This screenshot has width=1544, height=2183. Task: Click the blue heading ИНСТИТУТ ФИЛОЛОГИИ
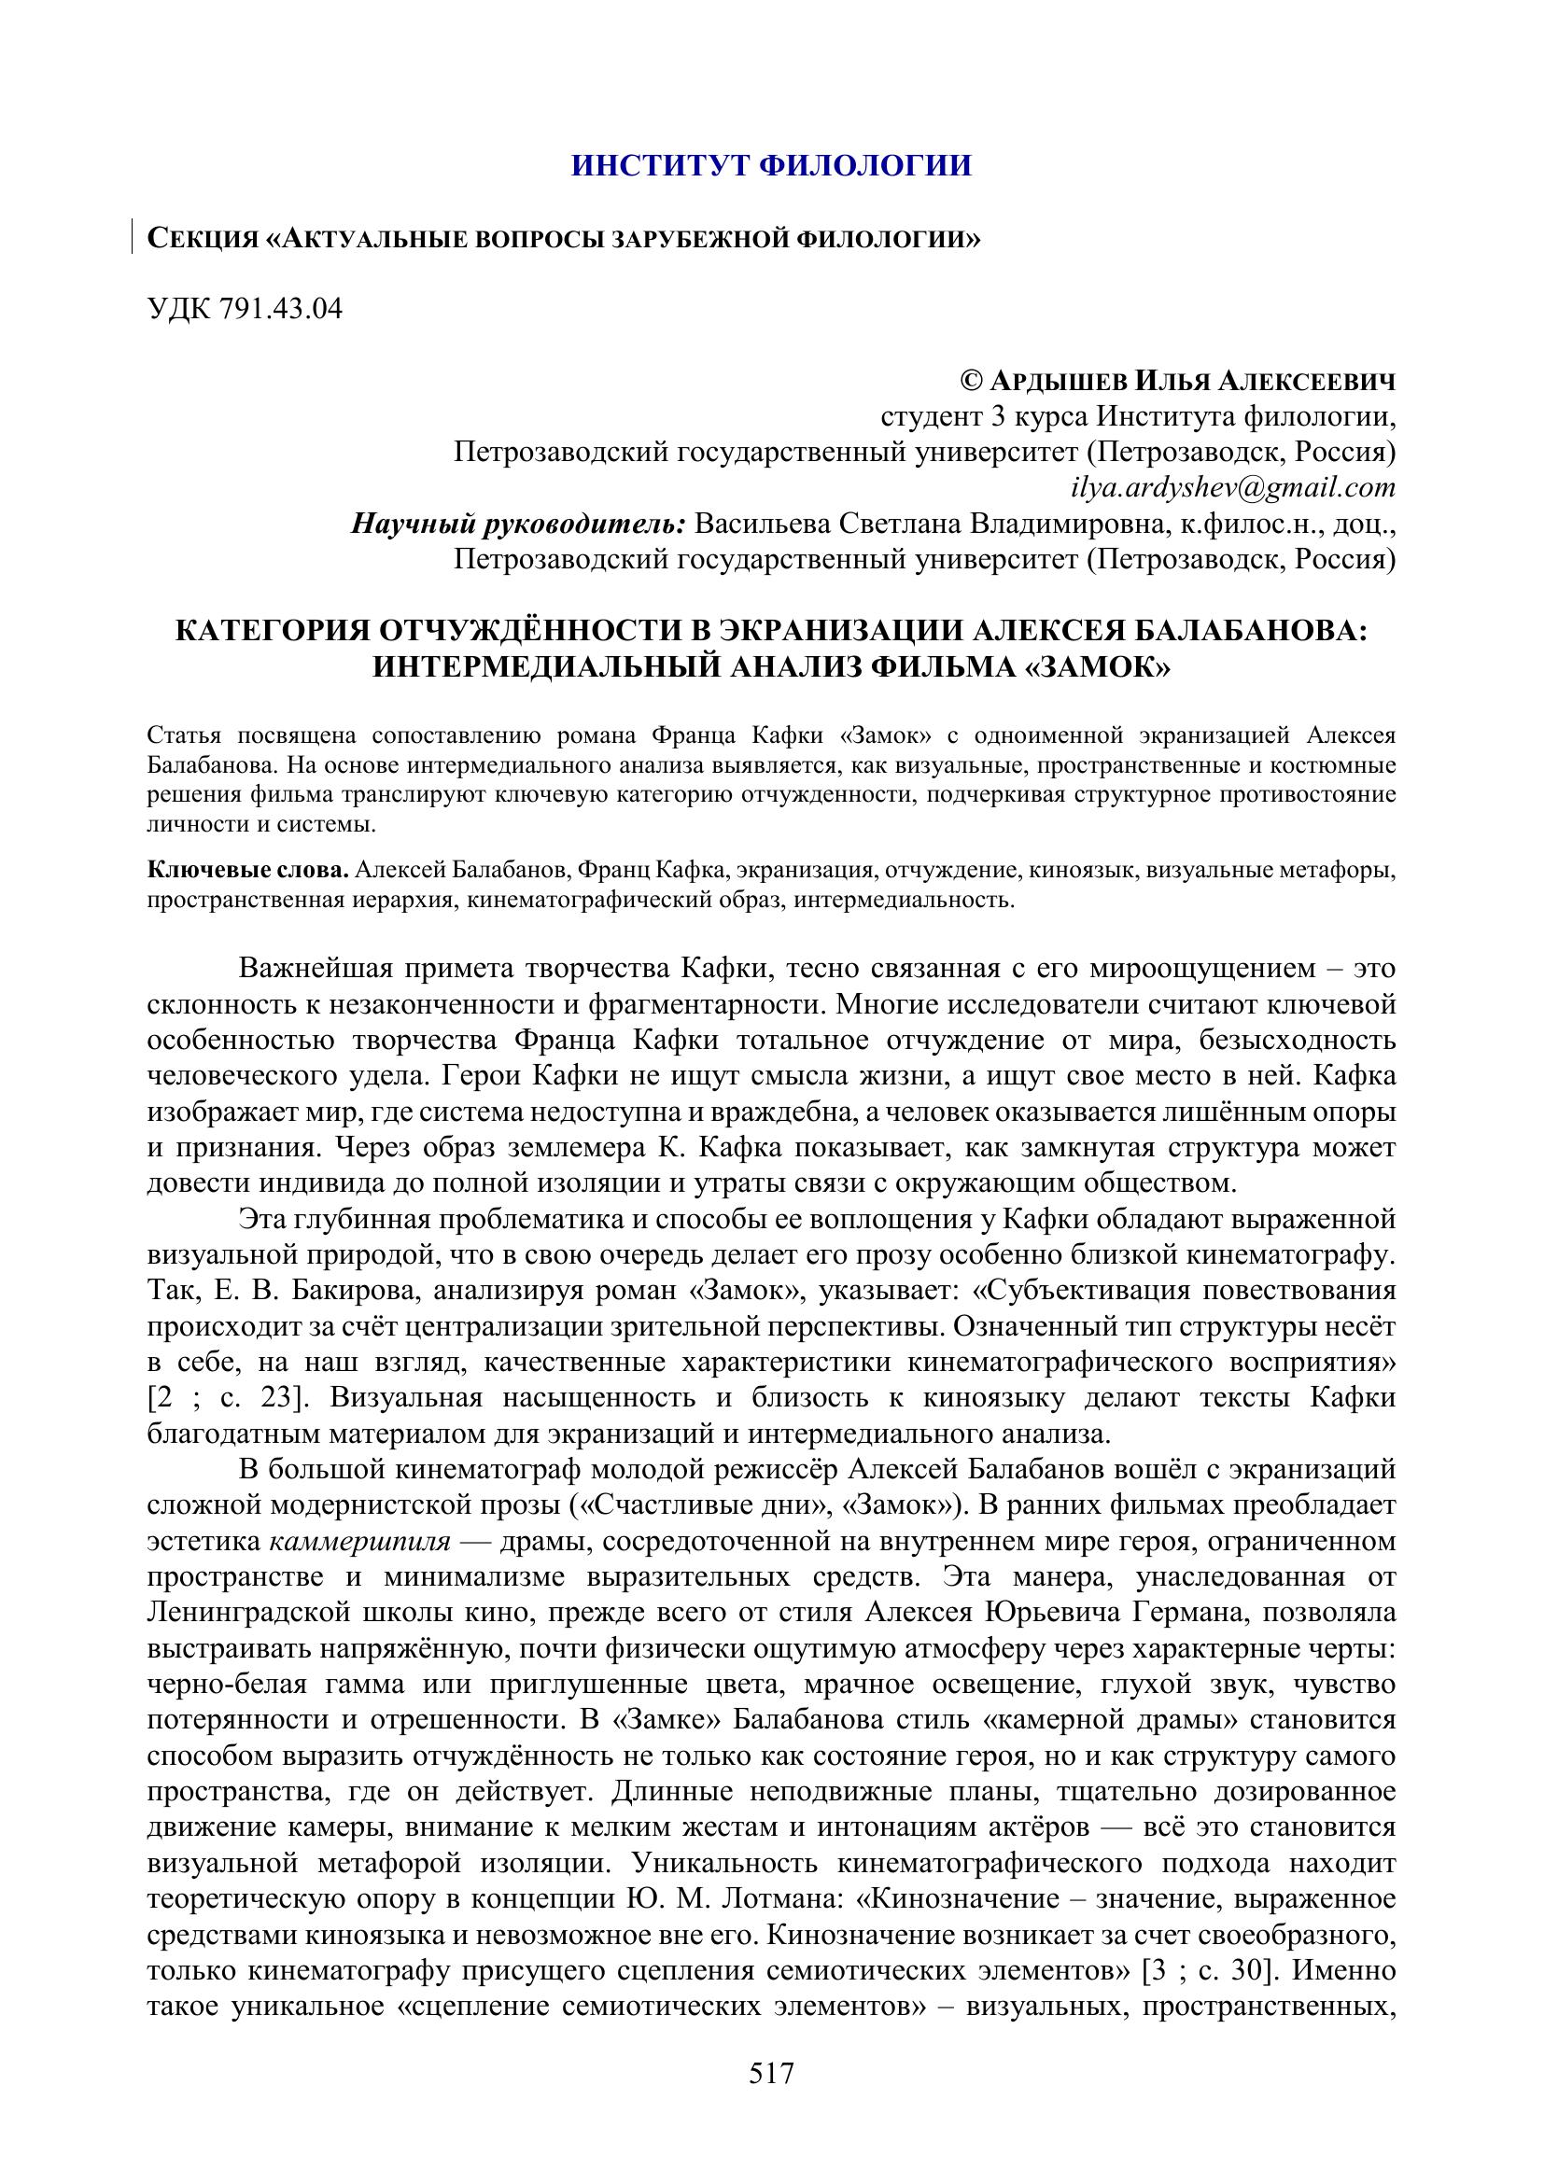click(771, 165)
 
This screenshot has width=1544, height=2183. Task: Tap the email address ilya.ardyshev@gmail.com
click(1233, 488)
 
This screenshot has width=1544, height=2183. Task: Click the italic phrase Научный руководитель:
click(519, 524)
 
